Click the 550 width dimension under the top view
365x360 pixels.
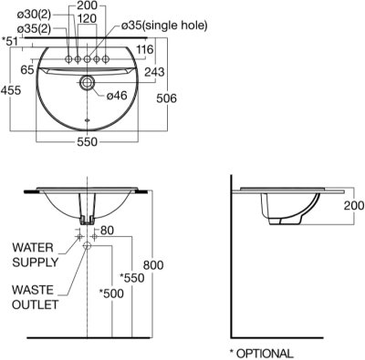point(88,141)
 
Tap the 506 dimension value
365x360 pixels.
point(166,98)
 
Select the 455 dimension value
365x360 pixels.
point(11,90)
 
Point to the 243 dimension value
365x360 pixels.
point(154,72)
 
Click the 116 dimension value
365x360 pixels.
point(145,49)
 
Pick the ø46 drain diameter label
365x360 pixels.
point(117,96)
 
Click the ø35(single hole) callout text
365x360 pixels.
point(164,26)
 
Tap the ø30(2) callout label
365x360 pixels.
point(34,14)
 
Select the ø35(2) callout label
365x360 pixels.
point(34,29)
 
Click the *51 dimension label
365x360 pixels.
point(10,41)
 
